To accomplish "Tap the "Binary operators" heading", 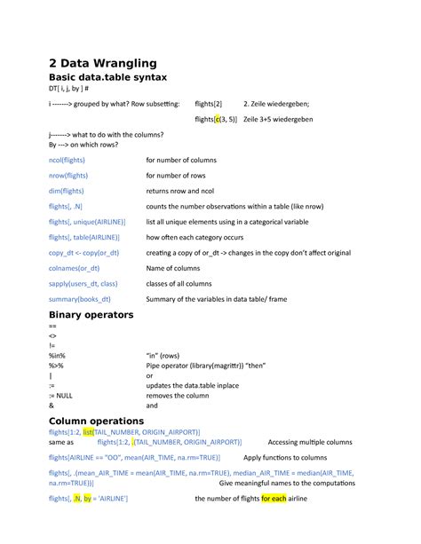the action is tap(91, 315).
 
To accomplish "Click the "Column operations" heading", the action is tap(96, 420).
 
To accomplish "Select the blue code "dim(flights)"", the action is tap(67, 190).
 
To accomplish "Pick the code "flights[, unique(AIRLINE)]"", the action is tap(87, 221).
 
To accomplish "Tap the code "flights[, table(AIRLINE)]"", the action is tap(84, 237).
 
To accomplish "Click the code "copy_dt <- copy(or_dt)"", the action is tap(83, 252).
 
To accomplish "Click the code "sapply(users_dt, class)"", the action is tap(83, 283).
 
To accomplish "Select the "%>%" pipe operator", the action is tap(57, 365).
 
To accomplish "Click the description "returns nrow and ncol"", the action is tap(179, 190).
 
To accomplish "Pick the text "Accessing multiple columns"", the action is tap(310, 441).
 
